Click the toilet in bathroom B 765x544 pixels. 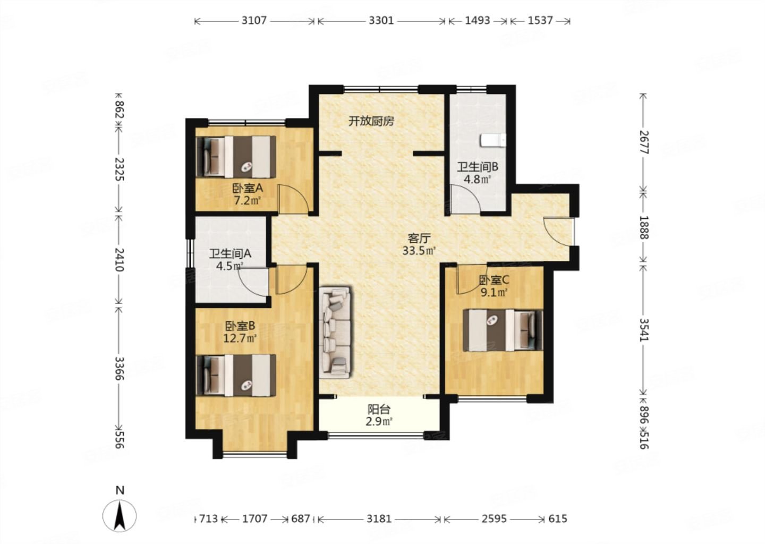point(493,141)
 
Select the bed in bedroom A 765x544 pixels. point(236,157)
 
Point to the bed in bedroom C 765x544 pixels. point(503,330)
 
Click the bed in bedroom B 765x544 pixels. point(236,375)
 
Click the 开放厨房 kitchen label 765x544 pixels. point(371,121)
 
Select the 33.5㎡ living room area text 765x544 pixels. point(419,251)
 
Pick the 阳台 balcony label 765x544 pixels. point(379,409)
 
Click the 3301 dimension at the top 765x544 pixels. point(381,21)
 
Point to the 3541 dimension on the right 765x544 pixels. point(644,329)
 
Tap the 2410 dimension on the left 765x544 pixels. point(119,260)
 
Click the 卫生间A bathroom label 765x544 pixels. point(230,254)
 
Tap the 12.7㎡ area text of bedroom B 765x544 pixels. point(240,338)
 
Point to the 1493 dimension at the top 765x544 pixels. point(478,21)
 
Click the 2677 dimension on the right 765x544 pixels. point(644,142)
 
